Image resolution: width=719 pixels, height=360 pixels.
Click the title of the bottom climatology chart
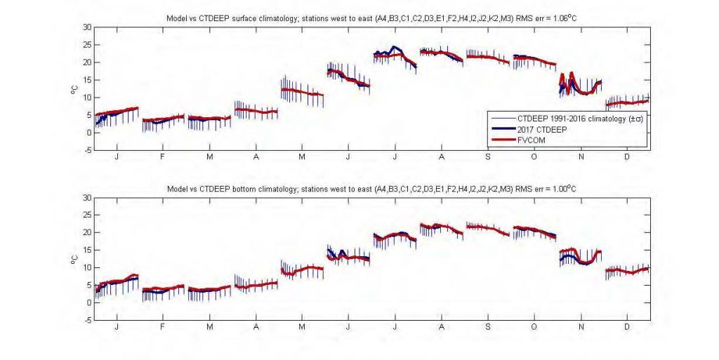(371, 189)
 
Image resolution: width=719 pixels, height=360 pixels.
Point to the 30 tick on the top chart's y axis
(87, 27)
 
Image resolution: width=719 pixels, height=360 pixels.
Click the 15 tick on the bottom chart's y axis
(87, 250)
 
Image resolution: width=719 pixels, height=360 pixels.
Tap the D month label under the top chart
(627, 157)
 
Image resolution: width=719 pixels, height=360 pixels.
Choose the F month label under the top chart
(163, 157)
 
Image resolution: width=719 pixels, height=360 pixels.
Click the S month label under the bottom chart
(487, 328)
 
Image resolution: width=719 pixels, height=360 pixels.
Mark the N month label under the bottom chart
(580, 328)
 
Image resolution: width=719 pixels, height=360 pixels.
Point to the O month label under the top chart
(534, 157)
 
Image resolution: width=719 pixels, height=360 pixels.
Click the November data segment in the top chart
(580, 87)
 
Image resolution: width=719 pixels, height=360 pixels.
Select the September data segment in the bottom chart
(487, 229)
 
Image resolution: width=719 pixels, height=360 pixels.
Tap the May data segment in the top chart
(302, 92)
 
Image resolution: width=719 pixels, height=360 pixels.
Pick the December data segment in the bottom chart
(627, 270)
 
